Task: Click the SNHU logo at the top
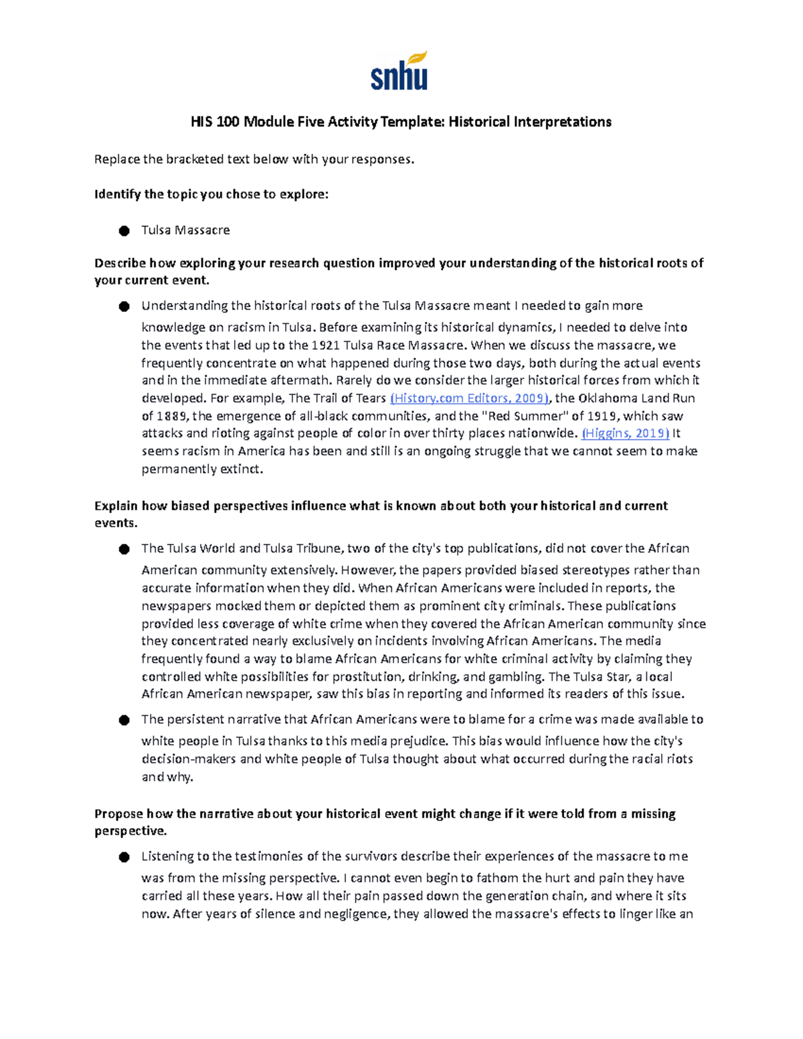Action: pos(399,71)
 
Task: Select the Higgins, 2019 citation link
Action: pos(626,433)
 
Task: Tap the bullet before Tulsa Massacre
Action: pos(124,231)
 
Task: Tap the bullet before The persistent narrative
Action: pos(124,721)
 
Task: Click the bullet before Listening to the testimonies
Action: pos(124,858)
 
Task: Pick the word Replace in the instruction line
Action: pos(117,159)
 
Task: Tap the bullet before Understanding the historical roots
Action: pos(124,306)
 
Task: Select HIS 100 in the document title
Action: pos(215,122)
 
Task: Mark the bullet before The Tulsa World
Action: pos(124,549)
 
